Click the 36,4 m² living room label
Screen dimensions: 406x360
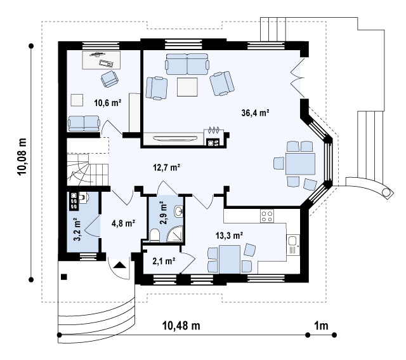255,113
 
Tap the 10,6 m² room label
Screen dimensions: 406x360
108,103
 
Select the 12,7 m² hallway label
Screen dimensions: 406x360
166,168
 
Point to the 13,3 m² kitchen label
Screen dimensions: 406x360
229,236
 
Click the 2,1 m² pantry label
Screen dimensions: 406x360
164,261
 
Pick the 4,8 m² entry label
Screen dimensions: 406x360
123,223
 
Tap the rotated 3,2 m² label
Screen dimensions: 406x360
77,229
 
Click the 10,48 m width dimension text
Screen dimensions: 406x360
181,325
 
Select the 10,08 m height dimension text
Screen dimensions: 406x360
22,157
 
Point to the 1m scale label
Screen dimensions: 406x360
321,325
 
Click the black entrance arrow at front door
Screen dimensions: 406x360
120,265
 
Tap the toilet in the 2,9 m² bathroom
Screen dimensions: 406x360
155,235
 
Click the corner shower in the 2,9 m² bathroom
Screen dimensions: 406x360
175,234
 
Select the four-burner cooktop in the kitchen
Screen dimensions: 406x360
267,216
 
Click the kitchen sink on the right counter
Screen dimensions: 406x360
293,244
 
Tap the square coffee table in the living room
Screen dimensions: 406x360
187,87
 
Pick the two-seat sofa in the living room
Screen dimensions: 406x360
187,64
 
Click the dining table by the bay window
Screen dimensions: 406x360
300,164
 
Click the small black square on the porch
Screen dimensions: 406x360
64,277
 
